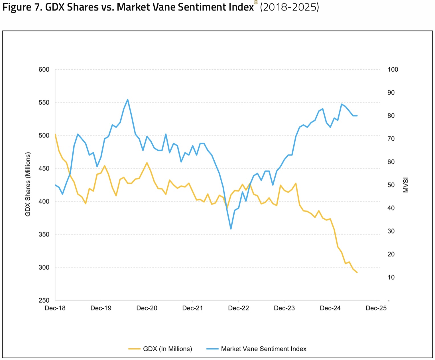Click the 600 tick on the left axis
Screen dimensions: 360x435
(44, 70)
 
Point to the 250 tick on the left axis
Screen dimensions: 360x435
(44, 300)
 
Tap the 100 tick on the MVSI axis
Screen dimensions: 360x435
(393, 70)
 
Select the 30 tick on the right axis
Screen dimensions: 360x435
(391, 231)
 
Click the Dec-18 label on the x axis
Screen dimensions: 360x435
(55, 308)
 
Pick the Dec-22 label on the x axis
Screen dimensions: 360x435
(238, 308)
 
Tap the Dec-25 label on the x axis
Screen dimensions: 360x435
(376, 308)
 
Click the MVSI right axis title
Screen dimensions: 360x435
(406, 185)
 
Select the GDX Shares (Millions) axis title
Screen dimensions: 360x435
(28, 184)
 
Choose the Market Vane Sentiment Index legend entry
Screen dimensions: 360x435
(263, 349)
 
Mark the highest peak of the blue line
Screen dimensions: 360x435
(127, 100)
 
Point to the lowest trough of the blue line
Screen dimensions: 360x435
(231, 229)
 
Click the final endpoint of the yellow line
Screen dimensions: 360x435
(357, 272)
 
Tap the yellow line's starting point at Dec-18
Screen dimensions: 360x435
(55, 134)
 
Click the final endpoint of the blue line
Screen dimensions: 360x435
(357, 116)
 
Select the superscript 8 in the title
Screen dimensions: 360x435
(256, 3)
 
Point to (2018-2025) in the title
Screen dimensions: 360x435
(289, 7)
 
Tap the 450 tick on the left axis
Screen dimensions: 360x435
(44, 169)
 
